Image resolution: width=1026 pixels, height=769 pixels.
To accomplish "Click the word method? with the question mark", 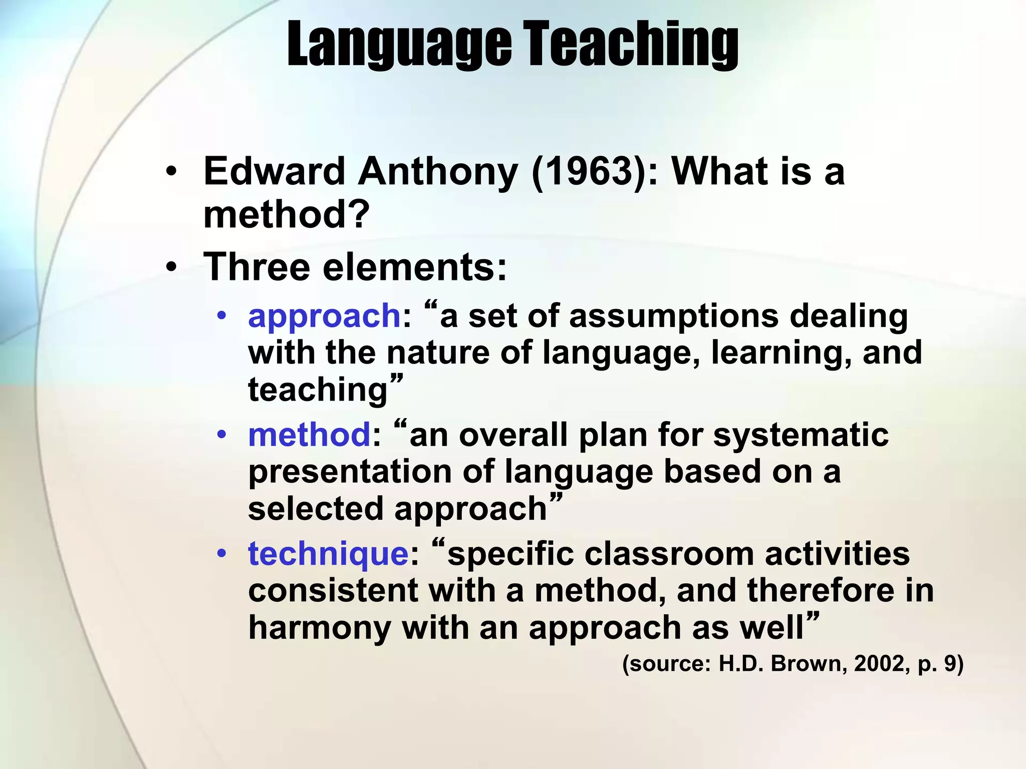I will tap(286, 215).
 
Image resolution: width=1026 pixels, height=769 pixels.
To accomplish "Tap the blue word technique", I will tap(329, 554).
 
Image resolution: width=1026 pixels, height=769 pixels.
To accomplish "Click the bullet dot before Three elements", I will tap(172, 268).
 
